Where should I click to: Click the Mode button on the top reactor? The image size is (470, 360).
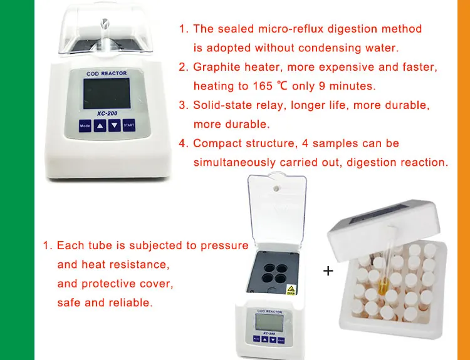[85, 126]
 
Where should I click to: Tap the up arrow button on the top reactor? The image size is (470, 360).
[100, 126]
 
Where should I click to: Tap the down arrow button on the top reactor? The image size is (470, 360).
[114, 126]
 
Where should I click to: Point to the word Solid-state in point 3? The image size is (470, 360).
[219, 105]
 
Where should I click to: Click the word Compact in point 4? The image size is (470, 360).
[216, 143]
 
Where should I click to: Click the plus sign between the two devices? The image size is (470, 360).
[328, 271]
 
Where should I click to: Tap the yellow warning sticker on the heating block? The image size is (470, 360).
[290, 289]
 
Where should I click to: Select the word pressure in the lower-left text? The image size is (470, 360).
[224, 245]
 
